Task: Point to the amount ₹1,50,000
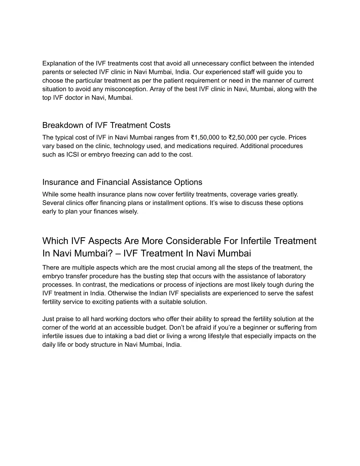pyautogui.click(x=205, y=138)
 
